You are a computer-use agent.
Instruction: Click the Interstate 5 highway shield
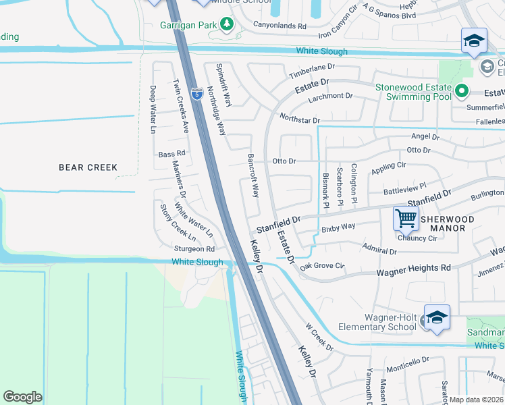coord(196,94)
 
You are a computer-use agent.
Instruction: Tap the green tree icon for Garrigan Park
coord(228,24)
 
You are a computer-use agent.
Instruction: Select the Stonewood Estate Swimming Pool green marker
coord(462,90)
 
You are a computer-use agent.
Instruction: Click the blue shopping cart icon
coord(406,217)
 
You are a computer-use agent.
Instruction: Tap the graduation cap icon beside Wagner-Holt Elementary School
coord(437,318)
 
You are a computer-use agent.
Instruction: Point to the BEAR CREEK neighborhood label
coord(88,167)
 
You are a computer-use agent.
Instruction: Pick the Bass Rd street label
coord(171,154)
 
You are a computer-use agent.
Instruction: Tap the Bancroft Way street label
coord(255,179)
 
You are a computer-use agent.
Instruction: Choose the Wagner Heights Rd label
coord(413,269)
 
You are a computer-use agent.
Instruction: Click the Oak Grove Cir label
coord(323,266)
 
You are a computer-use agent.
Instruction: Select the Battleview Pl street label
coord(405,188)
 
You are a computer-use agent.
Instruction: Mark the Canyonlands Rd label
coord(280,26)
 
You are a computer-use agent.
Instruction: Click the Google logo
coord(22,397)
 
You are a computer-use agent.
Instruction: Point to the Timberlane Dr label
coord(312,71)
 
